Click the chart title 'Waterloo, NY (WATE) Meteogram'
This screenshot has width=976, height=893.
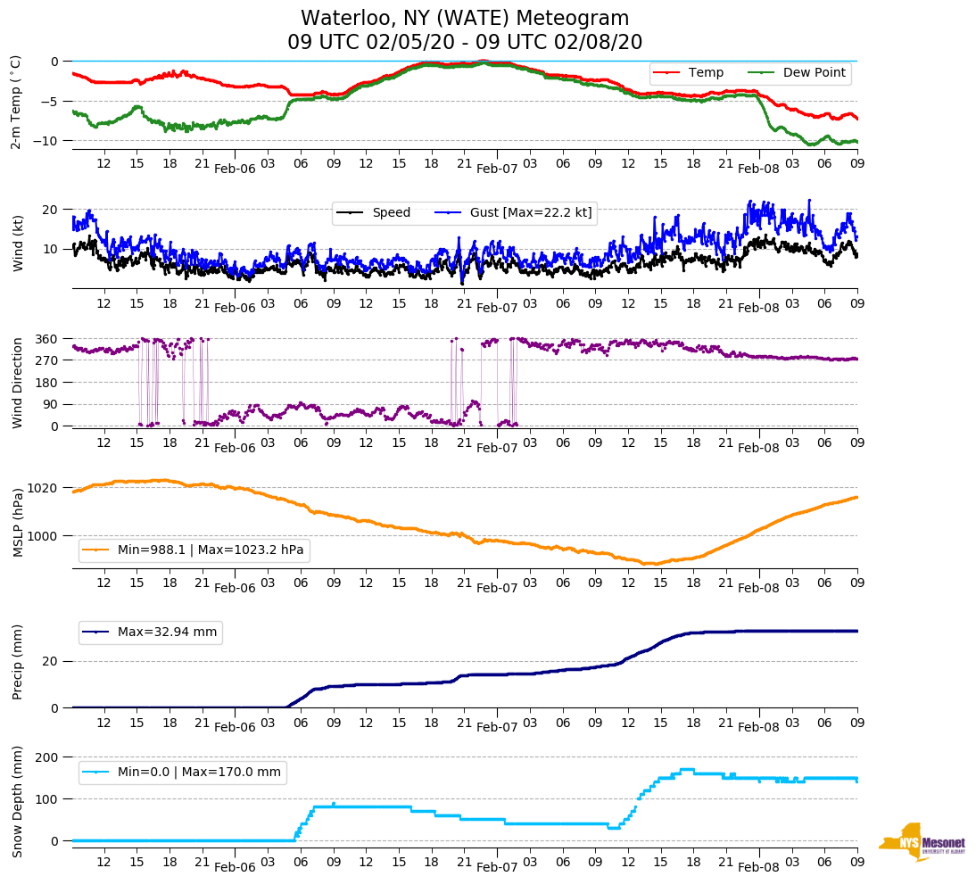coord(465,19)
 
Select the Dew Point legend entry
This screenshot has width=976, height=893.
coord(814,72)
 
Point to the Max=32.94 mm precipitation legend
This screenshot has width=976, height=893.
coord(167,632)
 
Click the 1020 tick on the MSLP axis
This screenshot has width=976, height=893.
coord(44,488)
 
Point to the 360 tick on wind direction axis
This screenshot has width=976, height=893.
coord(47,339)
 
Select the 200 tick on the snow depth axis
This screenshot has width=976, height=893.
coord(47,757)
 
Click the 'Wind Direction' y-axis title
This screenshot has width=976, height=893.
coord(18,382)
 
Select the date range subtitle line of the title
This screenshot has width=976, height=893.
coord(465,43)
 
